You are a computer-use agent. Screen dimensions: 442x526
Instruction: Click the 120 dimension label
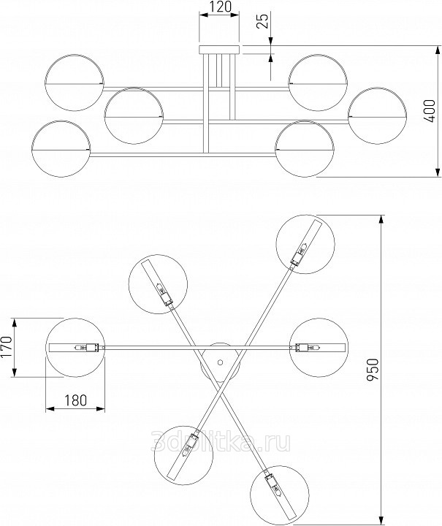click(221, 7)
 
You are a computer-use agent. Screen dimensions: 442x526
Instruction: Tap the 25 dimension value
click(264, 21)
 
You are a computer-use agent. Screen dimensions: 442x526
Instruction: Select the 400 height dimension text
click(430, 111)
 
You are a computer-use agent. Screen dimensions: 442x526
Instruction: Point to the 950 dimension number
click(373, 370)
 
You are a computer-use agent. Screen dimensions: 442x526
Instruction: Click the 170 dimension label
click(7, 347)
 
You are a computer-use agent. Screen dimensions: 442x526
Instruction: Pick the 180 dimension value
click(75, 400)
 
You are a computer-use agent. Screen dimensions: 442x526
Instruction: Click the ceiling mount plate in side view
click(220, 50)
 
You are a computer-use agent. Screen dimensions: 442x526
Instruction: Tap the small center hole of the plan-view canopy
click(220, 362)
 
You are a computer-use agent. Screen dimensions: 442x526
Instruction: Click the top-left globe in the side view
click(75, 82)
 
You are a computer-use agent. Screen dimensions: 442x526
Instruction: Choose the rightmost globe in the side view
click(378, 115)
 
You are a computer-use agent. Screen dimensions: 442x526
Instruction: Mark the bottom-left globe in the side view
click(61, 148)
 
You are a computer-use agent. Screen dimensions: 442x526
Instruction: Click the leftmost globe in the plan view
click(75, 348)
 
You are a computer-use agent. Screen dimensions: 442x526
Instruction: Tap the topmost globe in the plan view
click(305, 244)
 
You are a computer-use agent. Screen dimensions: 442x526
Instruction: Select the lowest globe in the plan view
click(279, 495)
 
